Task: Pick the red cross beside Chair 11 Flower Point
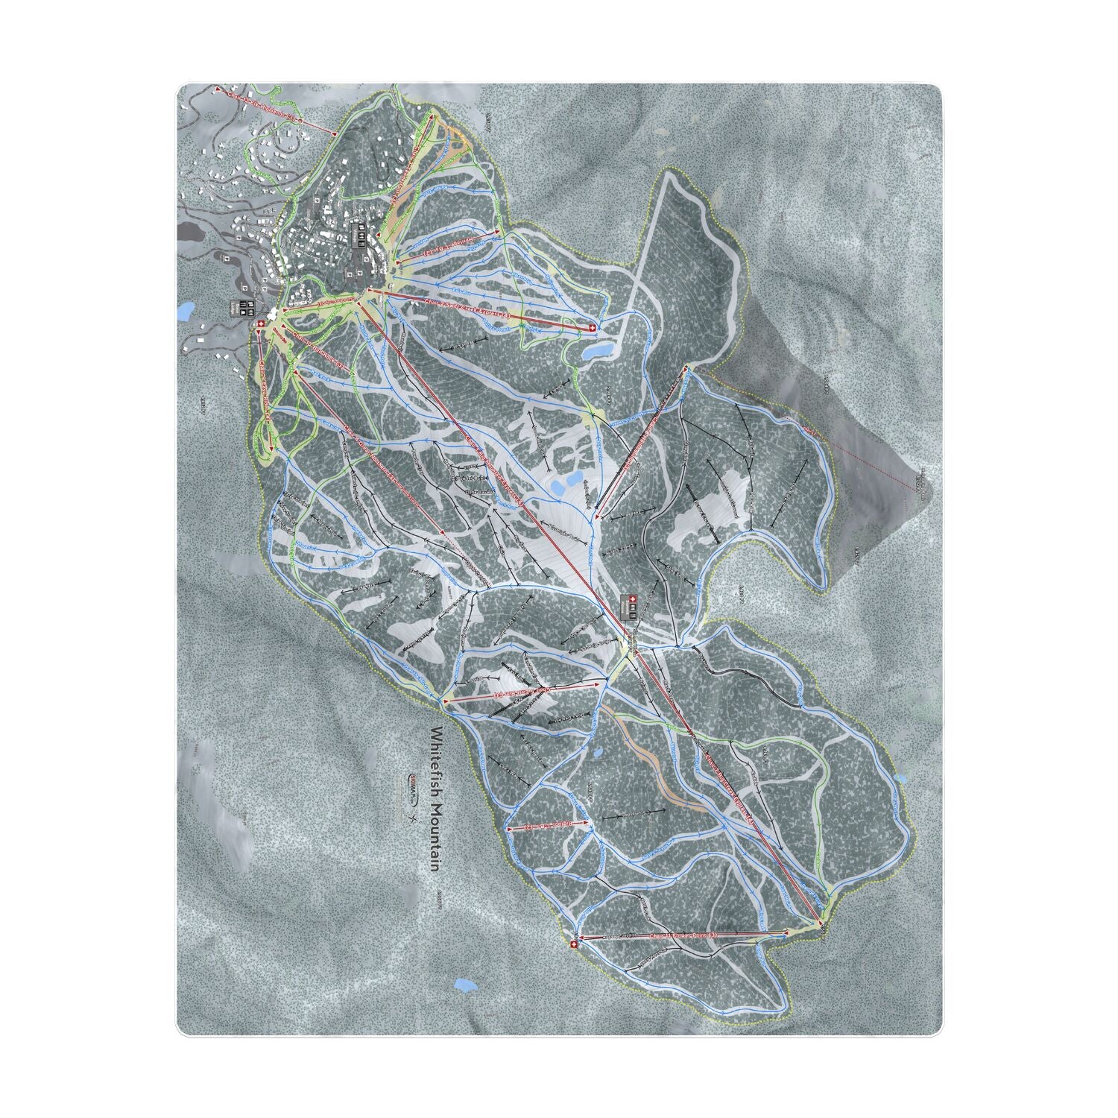pyautogui.click(x=572, y=944)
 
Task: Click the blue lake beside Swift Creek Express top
pyautogui.click(x=600, y=348)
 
